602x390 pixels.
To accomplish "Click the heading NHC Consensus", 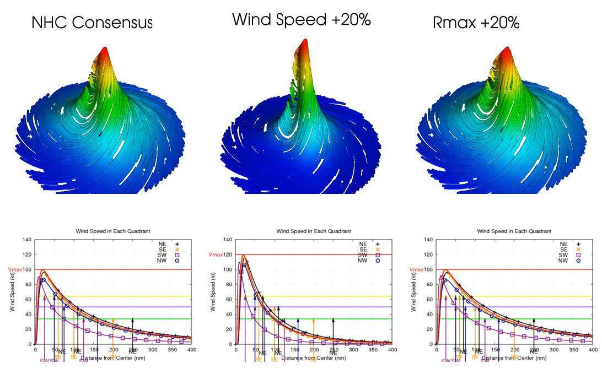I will coord(92,23).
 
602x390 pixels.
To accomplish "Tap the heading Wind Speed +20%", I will coord(301,19).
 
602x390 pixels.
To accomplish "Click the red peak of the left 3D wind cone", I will coord(104,52).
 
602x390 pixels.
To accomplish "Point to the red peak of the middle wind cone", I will coord(304,44).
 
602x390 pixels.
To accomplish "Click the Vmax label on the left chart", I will coord(15,269).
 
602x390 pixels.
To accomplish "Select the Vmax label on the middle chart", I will coord(216,254).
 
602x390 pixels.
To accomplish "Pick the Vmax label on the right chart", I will coord(417,269).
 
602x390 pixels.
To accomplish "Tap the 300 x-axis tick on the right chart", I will coord(553,350).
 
